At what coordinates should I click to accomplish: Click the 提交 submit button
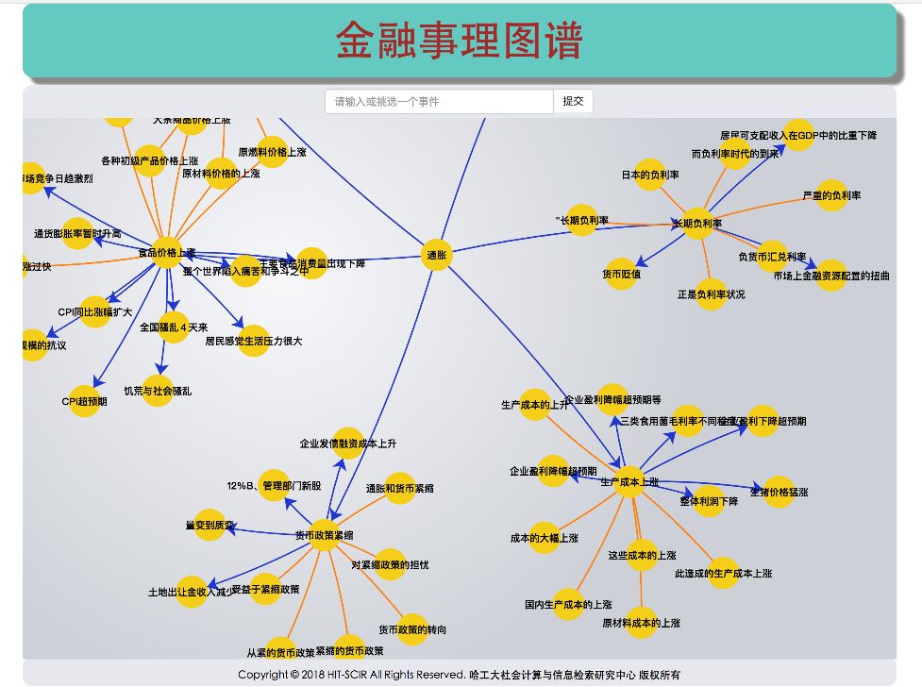573,101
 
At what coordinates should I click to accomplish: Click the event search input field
439,101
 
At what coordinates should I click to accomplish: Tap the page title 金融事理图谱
460,41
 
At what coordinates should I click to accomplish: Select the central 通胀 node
436,255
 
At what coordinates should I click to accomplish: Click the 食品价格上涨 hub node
167,252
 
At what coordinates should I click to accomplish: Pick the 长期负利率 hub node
696,224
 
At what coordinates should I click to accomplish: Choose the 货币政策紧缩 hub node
324,535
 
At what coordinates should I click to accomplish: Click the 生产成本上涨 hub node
629,481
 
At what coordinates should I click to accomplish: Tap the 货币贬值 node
621,274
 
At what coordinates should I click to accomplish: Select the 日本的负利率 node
650,175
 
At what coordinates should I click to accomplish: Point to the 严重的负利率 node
831,195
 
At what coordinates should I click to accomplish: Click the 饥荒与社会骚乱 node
158,390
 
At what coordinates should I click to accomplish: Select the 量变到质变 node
210,525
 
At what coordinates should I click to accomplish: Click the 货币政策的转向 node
412,629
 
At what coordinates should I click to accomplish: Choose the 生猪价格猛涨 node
779,492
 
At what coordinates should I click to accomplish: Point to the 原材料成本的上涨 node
641,623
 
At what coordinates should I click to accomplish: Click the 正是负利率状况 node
711,293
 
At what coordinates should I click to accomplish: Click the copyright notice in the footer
460,674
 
